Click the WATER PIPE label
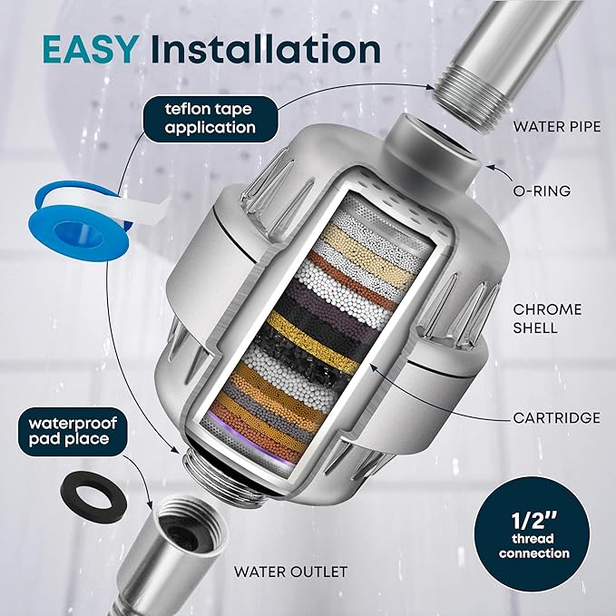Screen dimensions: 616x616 556,127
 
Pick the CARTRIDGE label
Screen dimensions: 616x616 555,418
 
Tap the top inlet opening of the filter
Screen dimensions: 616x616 435,151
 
